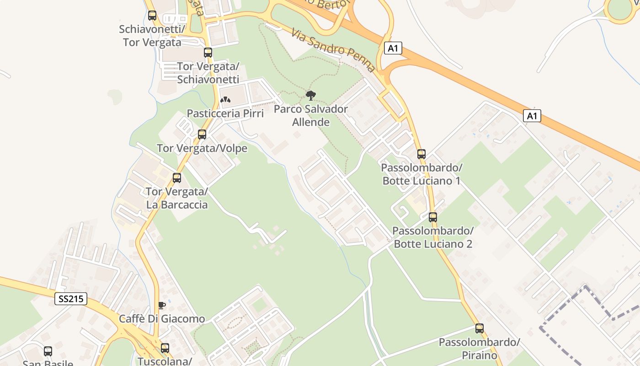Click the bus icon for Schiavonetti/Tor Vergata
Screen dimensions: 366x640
152,16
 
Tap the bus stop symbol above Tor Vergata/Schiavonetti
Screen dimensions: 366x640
208,53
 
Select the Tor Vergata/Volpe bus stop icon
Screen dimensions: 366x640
202,135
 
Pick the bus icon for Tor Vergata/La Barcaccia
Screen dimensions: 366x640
177,178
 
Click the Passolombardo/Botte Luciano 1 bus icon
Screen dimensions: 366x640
421,154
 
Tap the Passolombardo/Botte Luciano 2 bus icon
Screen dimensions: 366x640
433,217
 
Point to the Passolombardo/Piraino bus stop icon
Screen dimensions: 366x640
480,328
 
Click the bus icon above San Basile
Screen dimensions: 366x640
48,351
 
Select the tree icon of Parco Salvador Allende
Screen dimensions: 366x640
311,96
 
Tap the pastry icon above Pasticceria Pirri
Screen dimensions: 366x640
225,99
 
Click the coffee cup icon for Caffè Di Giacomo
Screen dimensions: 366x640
161,305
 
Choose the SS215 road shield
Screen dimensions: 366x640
71,299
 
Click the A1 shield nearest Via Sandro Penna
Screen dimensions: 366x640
393,48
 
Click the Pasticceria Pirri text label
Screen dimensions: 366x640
225,113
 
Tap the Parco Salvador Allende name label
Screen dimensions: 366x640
311,116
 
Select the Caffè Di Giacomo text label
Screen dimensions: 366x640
162,319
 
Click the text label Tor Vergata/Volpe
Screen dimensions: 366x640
202,148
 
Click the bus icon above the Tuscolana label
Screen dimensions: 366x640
165,348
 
